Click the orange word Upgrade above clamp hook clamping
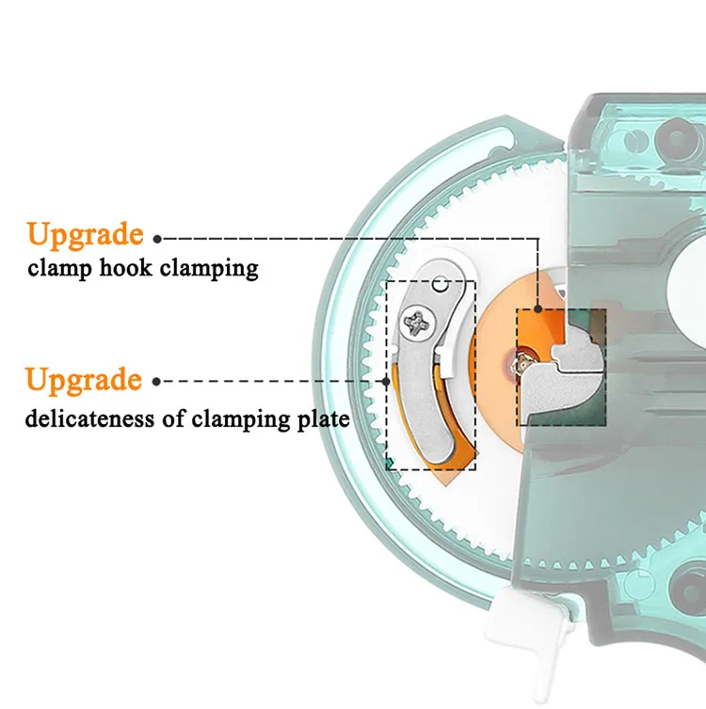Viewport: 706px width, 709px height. pyautogui.click(x=86, y=234)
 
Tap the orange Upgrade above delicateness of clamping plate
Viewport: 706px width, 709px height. pyautogui.click(x=84, y=381)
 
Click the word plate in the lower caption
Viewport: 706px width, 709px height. pyautogui.click(x=322, y=418)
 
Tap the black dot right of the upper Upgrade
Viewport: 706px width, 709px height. pyautogui.click(x=157, y=239)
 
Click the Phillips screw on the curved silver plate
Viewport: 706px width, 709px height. pyautogui.click(x=417, y=325)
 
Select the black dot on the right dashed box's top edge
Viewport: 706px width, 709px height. pyautogui.click(x=538, y=308)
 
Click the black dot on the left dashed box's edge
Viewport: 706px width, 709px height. pyautogui.click(x=388, y=381)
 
